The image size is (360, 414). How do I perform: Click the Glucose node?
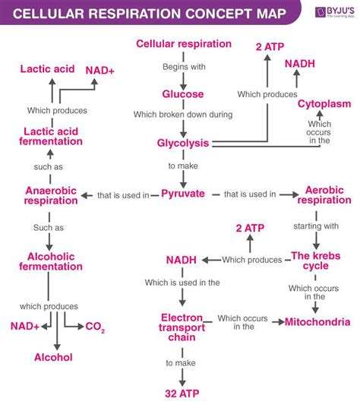(x=182, y=94)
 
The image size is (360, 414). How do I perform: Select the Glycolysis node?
(x=182, y=143)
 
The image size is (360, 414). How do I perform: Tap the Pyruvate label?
(x=183, y=194)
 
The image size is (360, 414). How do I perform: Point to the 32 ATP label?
(x=182, y=393)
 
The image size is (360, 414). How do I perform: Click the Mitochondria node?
(x=317, y=322)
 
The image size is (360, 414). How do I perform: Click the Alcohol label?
(x=53, y=356)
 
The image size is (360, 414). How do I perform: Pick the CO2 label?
(x=95, y=327)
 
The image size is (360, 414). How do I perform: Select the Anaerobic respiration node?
(x=51, y=196)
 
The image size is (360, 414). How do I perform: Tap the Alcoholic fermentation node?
(x=51, y=261)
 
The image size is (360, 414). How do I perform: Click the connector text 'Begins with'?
(x=182, y=67)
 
